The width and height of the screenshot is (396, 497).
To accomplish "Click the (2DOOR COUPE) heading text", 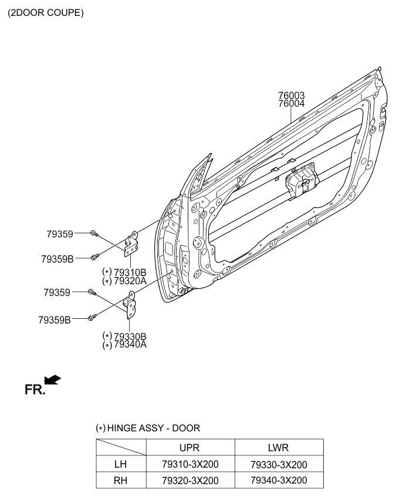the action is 46,13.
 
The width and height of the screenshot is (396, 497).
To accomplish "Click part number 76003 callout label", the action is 292,95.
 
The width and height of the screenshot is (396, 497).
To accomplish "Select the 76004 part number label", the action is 292,103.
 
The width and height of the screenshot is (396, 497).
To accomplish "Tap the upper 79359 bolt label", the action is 60,234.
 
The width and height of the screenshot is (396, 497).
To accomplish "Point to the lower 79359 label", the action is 57,292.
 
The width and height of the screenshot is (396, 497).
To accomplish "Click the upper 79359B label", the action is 57,259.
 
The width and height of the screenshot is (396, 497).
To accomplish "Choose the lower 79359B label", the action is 55,320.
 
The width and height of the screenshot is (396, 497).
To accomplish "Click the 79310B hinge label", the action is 130,273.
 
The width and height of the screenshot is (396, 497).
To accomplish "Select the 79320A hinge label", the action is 130,281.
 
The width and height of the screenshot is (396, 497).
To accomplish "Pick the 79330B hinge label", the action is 130,336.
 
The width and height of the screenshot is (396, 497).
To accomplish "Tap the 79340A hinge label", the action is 130,345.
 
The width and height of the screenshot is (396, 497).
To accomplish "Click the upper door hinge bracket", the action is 131,244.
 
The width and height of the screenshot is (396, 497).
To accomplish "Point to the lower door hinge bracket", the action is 130,305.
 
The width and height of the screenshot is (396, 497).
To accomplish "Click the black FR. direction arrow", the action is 52,380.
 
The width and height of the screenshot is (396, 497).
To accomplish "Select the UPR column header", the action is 189,448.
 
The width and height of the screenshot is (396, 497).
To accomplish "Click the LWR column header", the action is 278,448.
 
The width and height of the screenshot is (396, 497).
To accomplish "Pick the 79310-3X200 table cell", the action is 190,464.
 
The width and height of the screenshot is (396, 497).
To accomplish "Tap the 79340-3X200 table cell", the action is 279,480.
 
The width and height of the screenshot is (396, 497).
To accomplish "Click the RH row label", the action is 120,481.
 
